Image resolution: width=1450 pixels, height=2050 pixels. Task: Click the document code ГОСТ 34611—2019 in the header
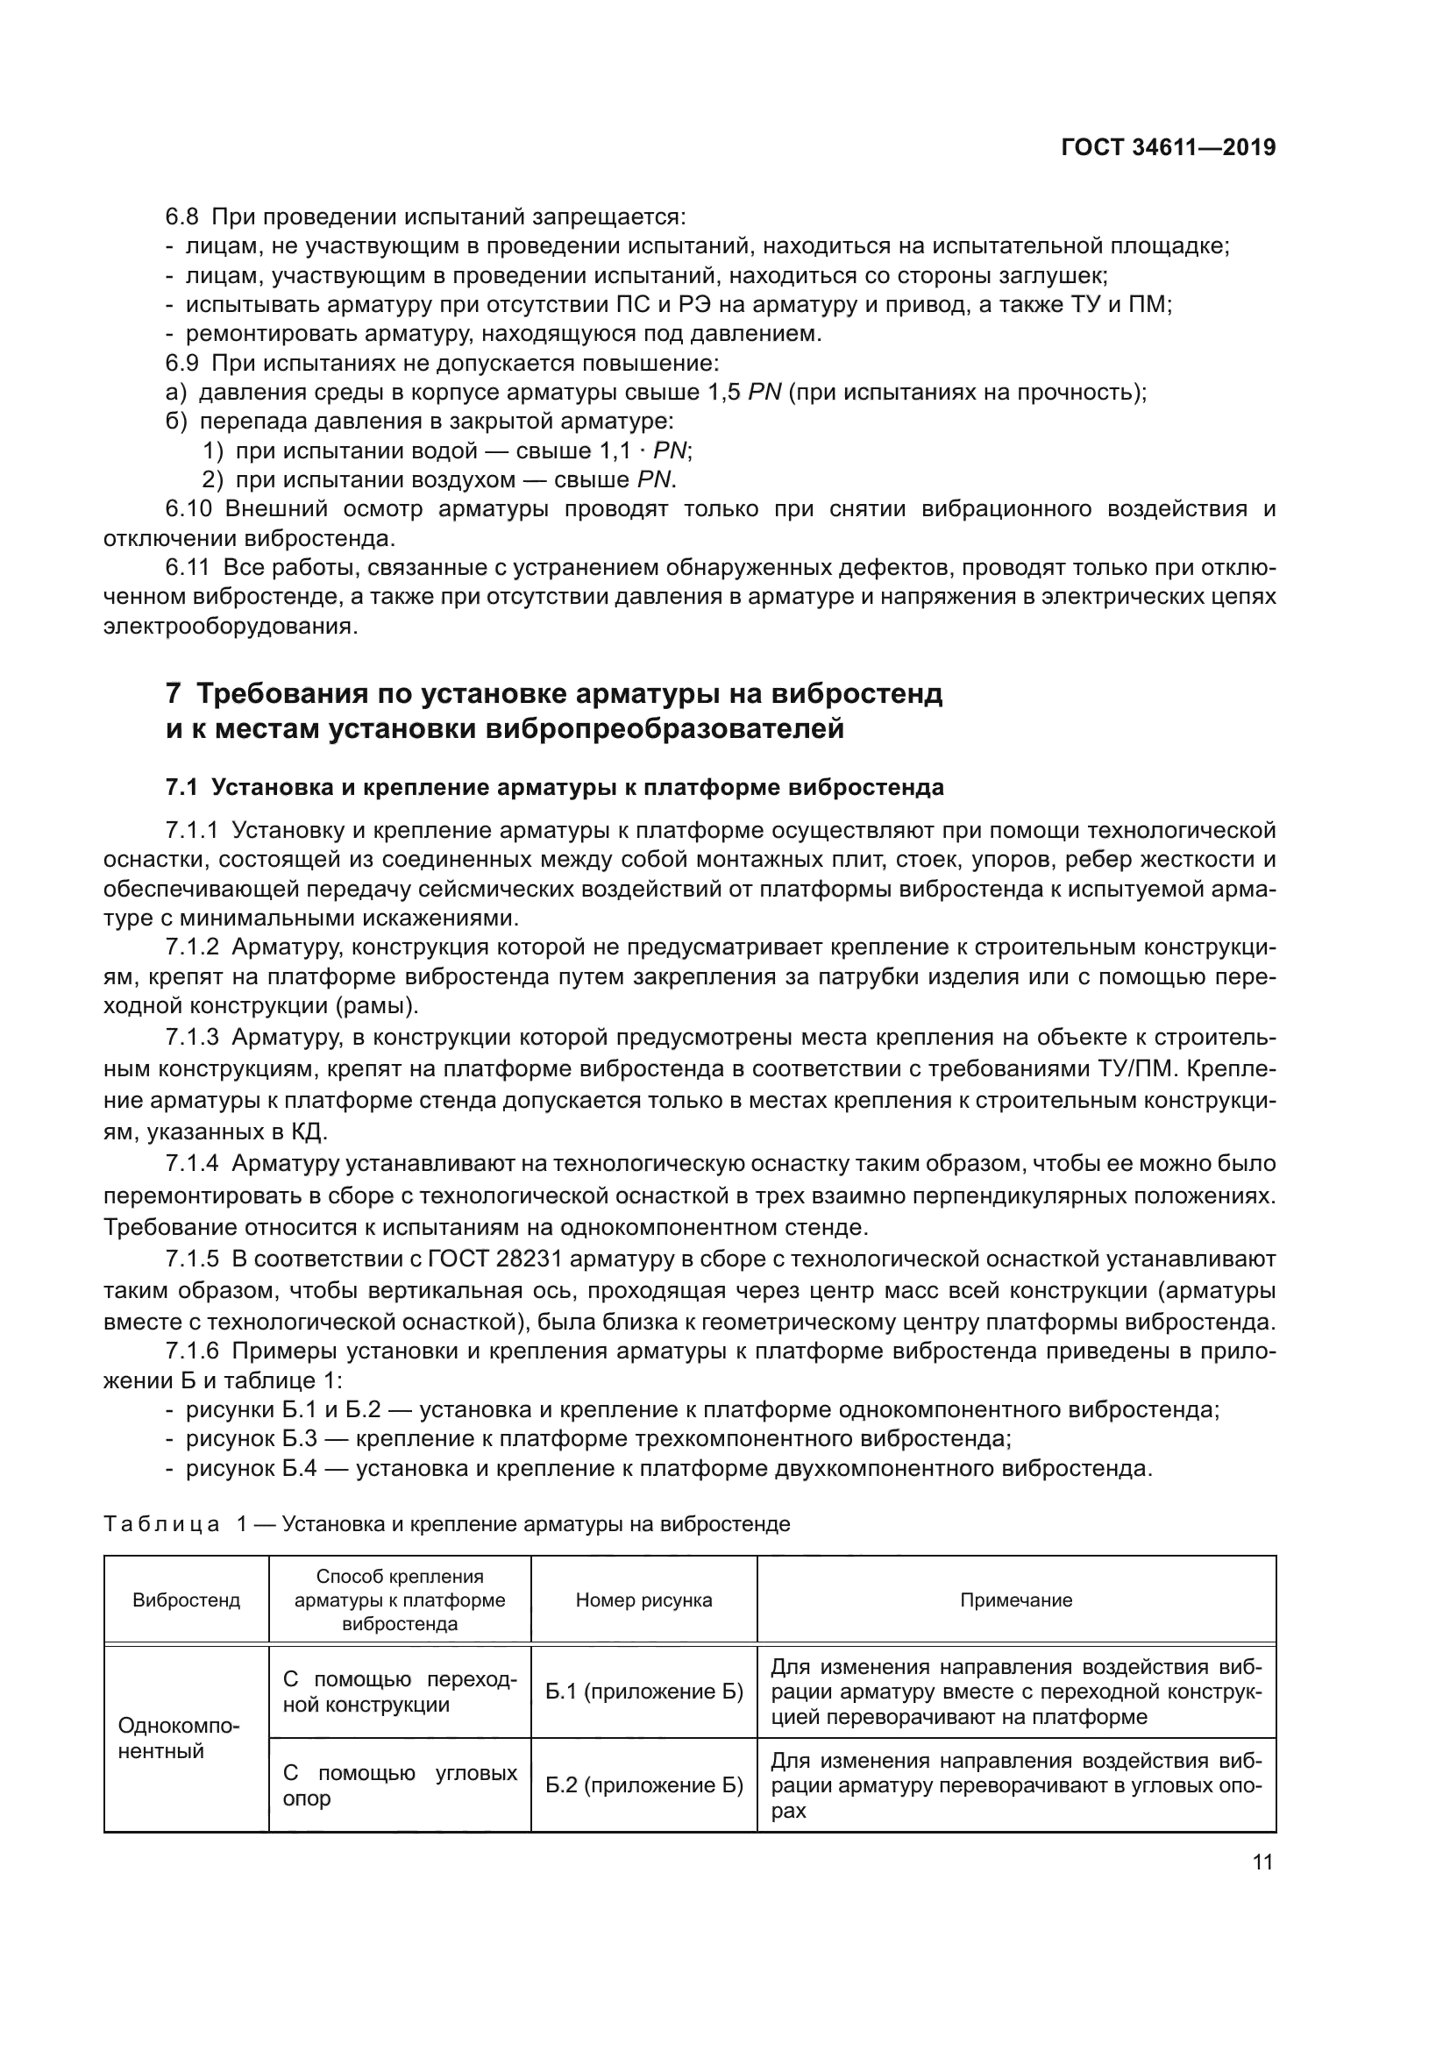coord(1168,148)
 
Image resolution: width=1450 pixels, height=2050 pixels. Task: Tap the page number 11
coord(1262,1862)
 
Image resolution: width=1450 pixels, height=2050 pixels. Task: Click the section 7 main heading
coord(553,711)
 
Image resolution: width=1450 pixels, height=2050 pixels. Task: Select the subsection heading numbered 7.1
coord(554,788)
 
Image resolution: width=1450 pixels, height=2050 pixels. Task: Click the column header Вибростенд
coord(186,1600)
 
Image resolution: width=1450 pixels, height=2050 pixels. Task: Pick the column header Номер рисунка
coord(643,1600)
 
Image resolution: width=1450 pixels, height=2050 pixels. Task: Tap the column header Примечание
coord(1016,1600)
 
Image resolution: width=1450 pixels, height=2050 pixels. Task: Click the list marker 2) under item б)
coord(211,479)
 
